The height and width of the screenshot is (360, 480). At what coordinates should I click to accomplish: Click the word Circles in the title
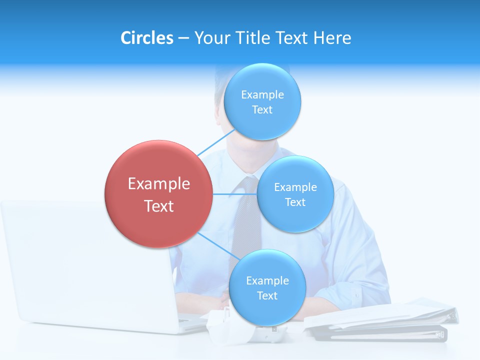[147, 38]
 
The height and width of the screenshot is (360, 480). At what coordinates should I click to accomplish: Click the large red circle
[158, 194]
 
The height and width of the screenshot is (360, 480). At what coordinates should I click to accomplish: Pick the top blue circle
[262, 102]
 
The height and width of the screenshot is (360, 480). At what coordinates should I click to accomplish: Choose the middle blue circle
[295, 194]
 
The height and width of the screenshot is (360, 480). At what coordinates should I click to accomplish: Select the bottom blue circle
[267, 287]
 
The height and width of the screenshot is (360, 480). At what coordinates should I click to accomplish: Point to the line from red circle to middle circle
[234, 194]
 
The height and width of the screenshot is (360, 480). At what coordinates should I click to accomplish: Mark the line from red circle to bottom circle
[218, 246]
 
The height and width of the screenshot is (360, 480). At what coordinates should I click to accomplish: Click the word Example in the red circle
[158, 184]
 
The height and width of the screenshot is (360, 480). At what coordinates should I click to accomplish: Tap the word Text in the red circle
[158, 206]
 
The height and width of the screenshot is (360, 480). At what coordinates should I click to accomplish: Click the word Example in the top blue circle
[262, 94]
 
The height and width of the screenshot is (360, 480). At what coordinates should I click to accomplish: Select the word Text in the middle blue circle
[295, 202]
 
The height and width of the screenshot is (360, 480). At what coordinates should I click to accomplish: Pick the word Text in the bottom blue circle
[267, 295]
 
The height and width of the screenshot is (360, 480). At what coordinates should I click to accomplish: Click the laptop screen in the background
[75, 260]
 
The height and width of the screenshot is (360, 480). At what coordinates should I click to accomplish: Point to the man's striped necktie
[246, 225]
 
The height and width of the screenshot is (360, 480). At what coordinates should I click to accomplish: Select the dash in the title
[183, 38]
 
